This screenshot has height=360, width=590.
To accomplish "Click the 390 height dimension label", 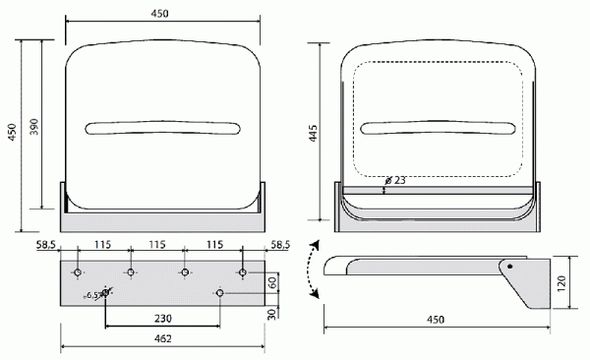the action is click(34, 127).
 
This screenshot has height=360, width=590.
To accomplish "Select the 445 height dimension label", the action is click(313, 133).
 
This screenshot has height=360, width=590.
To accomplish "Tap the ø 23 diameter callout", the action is click(396, 180).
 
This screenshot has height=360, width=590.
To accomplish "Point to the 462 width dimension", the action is click(163, 338).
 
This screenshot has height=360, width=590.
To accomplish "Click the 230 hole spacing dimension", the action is click(163, 319).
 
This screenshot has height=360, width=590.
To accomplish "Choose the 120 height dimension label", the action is click(561, 283).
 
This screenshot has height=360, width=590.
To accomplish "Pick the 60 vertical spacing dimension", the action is click(273, 282).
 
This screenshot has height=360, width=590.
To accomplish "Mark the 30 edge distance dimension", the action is click(272, 314).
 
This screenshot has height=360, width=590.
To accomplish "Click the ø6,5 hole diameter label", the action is click(91, 296).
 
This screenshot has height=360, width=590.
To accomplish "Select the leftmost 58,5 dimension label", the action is click(46, 245).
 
